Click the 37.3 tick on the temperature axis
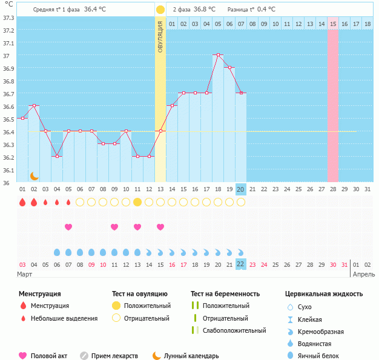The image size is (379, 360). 8,18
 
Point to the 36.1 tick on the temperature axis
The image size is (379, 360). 8,170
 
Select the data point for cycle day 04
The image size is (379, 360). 57,156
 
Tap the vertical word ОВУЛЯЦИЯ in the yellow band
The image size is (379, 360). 160,36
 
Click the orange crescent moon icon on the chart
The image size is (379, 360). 35,175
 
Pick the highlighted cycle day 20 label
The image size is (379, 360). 240,189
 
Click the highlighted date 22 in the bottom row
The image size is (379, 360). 240,264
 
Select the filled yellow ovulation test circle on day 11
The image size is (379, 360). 137,202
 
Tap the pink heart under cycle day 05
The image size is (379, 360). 68,227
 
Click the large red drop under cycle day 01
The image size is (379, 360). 22,202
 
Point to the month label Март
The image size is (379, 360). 25,274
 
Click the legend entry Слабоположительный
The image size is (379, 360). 234,330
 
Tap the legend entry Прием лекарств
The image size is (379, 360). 114,356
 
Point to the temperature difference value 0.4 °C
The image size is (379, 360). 266,10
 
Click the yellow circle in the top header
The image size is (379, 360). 160,10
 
